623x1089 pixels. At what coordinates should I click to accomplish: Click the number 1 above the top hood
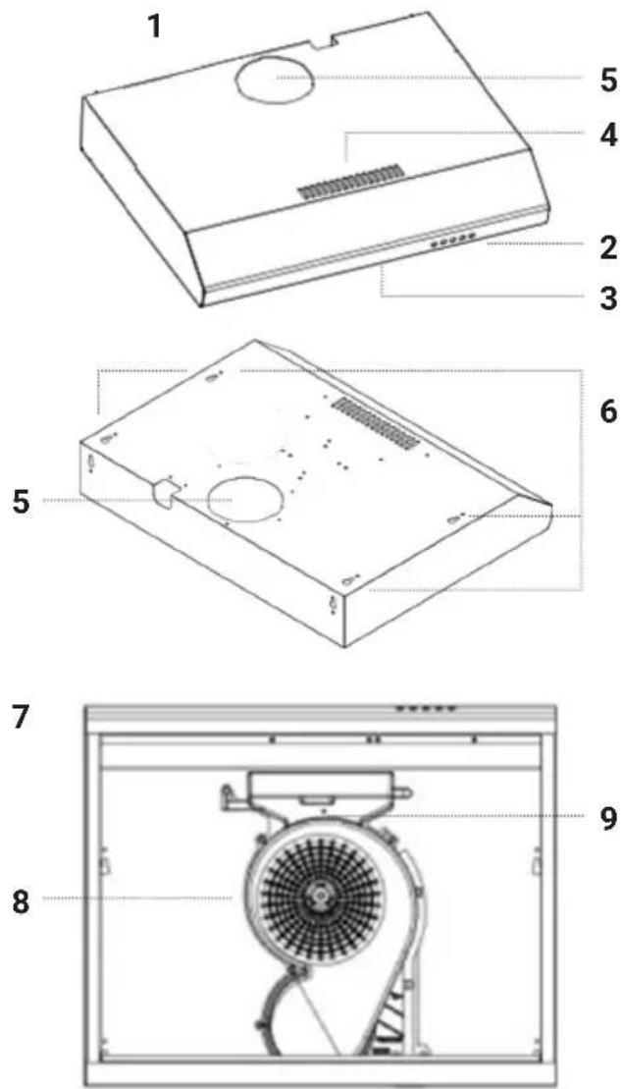point(155,27)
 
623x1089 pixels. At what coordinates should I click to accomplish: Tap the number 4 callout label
point(607,136)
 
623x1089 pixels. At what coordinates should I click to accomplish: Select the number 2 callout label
point(607,247)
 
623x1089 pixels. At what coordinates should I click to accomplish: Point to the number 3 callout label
point(607,299)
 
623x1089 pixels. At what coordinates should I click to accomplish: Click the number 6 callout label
point(607,411)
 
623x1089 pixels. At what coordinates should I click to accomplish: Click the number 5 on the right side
point(607,81)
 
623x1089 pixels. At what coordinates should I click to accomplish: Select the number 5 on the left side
point(23,502)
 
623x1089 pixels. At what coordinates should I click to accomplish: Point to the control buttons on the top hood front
point(451,241)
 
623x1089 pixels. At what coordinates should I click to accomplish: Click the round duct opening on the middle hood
point(247,500)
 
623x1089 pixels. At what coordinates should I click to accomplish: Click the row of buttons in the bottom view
point(426,709)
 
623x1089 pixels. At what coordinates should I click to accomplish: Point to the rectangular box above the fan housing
point(323,785)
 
